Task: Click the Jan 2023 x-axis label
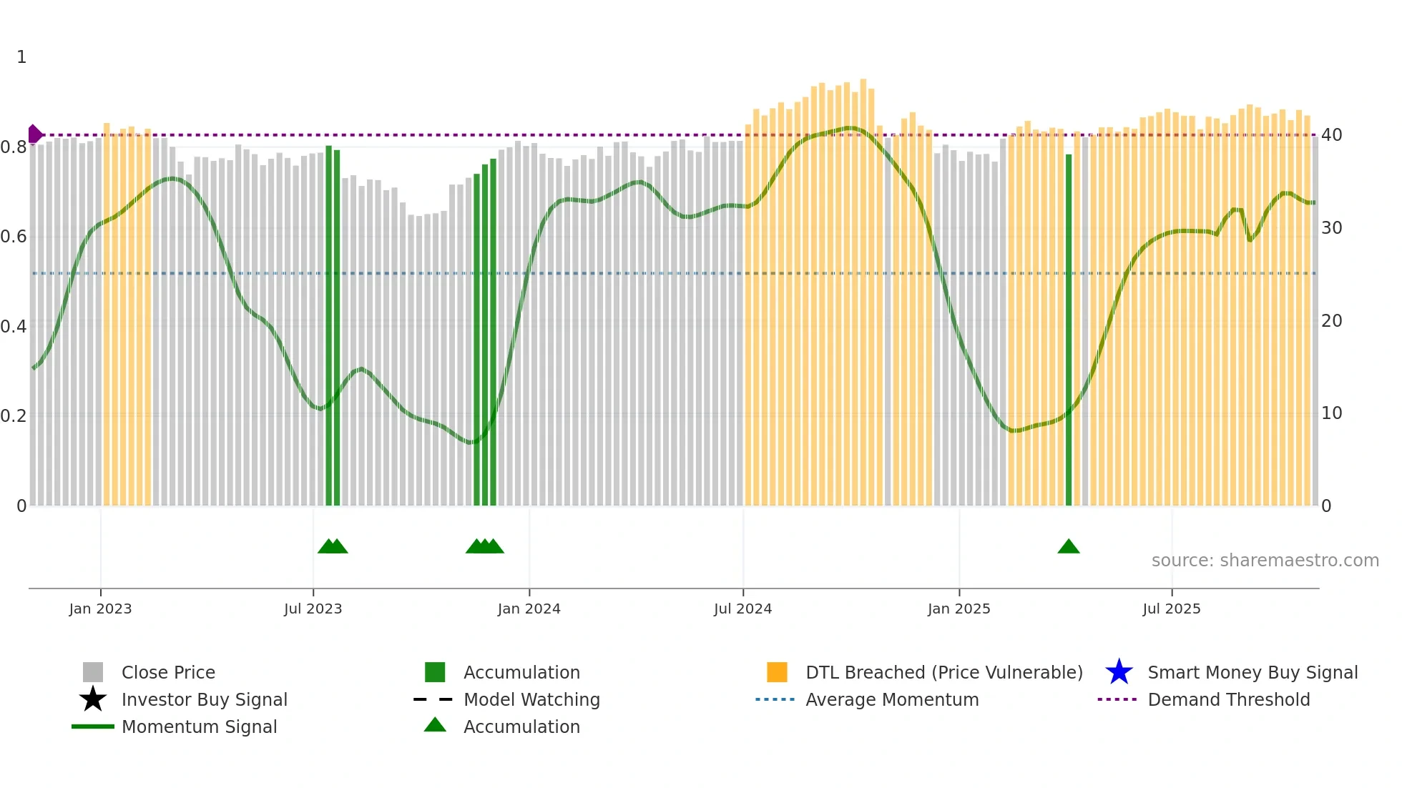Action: pos(100,609)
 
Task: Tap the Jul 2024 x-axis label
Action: pos(742,609)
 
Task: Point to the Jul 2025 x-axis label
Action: pos(1171,609)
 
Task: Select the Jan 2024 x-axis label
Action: pos(529,609)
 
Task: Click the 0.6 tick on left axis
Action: pos(14,237)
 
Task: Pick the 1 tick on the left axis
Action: pos(21,57)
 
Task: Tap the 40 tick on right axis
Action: pos(1331,135)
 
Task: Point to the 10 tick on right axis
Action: pos(1331,413)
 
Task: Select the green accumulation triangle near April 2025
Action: pos(1068,547)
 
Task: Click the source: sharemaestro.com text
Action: pos(1265,561)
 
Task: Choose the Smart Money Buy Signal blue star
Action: pos(1119,672)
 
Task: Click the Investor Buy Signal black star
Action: pos(93,699)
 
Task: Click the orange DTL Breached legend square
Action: pos(777,672)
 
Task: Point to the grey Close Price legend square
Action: pos(93,672)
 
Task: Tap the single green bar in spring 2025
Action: pos(1068,329)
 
